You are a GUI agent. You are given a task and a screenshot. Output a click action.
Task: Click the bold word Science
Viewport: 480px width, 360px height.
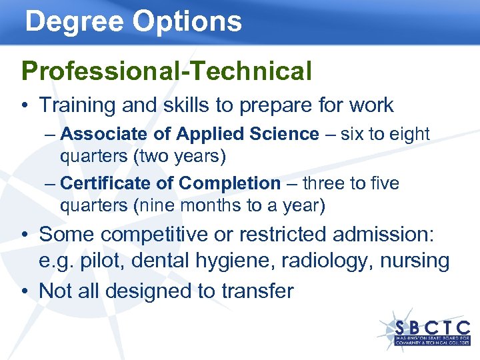point(286,134)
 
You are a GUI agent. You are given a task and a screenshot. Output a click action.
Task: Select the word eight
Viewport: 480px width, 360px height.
point(409,134)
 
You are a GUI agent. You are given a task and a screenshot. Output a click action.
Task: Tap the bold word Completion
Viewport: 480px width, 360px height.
point(230,183)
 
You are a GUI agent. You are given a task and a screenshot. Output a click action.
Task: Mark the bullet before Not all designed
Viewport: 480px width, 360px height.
point(25,291)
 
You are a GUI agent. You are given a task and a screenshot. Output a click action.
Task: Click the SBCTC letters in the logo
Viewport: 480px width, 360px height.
point(433,327)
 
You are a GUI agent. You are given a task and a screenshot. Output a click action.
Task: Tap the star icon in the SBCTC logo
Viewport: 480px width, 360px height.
point(393,327)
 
